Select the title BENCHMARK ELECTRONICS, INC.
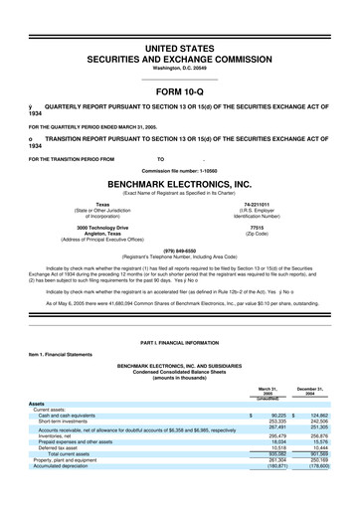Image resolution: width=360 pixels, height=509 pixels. point(179,185)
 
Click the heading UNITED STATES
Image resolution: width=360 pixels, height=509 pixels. point(179,49)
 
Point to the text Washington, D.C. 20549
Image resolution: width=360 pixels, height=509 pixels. point(179,70)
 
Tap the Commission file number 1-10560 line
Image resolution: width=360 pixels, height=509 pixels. point(179,171)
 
